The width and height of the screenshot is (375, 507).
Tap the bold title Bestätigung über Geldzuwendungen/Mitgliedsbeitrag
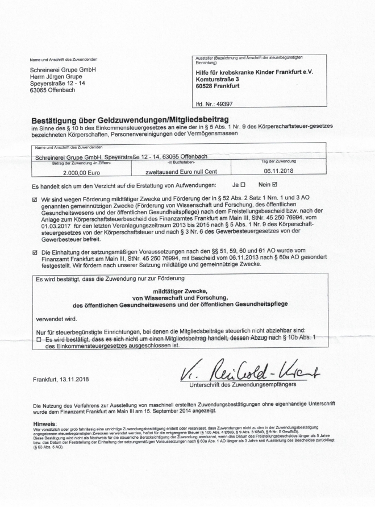(x=129, y=120)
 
